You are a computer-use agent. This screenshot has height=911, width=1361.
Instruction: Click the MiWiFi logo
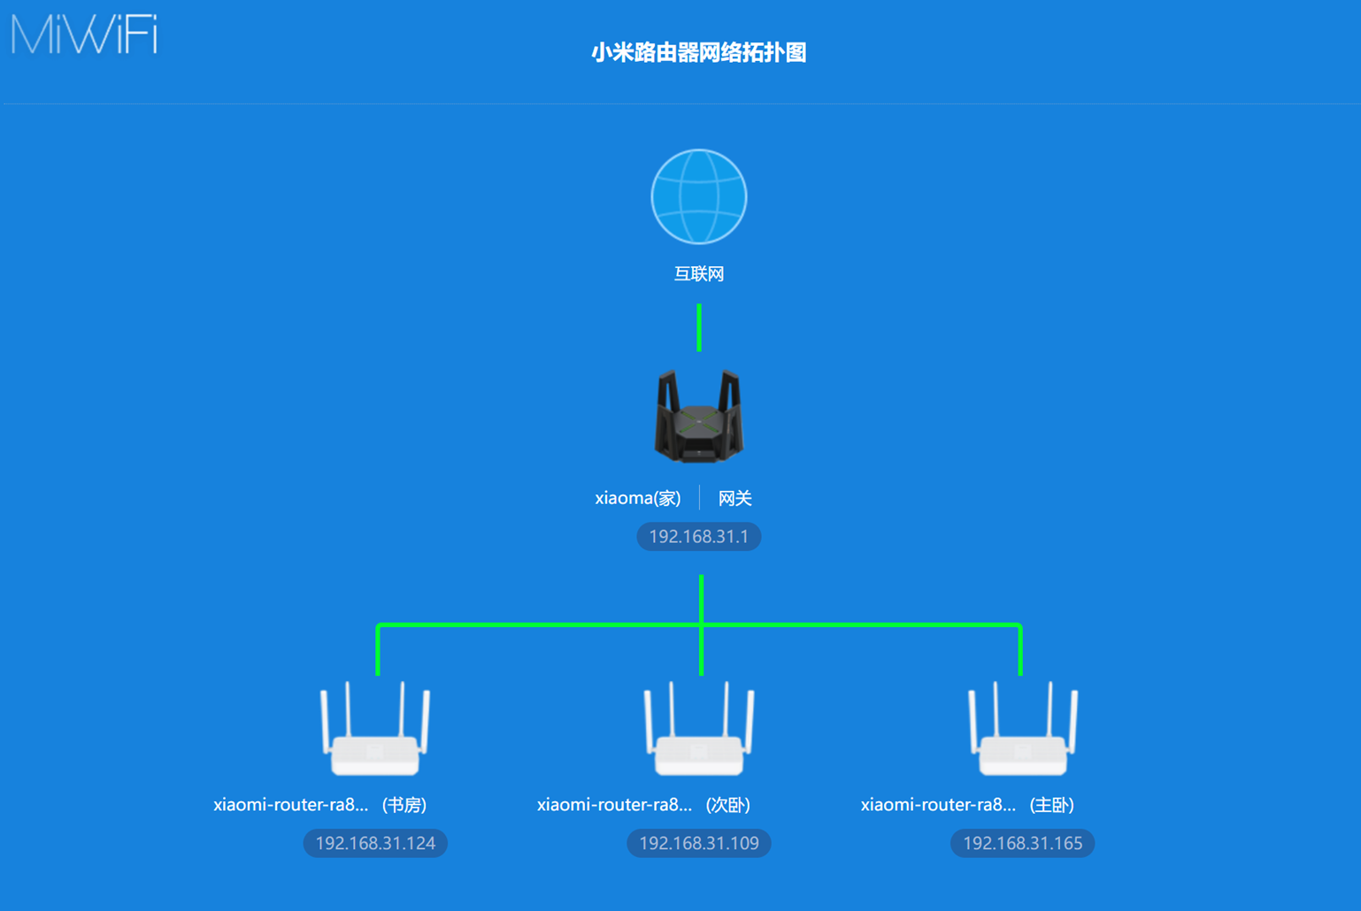coord(84,35)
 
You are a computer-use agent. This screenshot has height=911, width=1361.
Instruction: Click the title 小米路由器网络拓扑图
coord(698,53)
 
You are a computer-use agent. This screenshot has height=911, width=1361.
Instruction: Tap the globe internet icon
coord(699,196)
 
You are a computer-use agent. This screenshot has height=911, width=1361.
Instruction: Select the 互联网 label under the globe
coord(699,274)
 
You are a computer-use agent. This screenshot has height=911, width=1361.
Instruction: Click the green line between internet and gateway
coord(699,327)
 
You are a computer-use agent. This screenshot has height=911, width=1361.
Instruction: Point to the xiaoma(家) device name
coord(637,498)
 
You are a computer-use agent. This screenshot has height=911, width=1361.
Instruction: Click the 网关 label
coord(734,498)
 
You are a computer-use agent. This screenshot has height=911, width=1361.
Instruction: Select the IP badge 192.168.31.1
coord(699,537)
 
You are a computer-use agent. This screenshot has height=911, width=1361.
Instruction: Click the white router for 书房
coord(375,730)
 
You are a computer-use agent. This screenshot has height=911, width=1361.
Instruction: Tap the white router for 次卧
coord(699,730)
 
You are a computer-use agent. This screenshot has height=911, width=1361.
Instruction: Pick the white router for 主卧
coord(1023,730)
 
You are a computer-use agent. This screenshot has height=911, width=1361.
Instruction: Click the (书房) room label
coord(404,805)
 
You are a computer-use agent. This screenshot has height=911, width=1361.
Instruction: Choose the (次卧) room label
coord(728,805)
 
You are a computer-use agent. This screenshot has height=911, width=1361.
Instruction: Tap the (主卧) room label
coord(1052,805)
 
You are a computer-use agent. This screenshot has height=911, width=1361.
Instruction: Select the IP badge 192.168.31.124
coord(375,844)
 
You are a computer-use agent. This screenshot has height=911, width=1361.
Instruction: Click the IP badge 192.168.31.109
coord(699,844)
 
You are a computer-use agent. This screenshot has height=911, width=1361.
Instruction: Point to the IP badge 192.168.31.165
coord(1023,844)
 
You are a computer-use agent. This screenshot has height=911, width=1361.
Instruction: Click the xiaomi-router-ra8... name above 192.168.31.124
coord(290,805)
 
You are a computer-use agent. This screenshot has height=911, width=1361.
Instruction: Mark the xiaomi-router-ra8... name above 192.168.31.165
coord(938,805)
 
